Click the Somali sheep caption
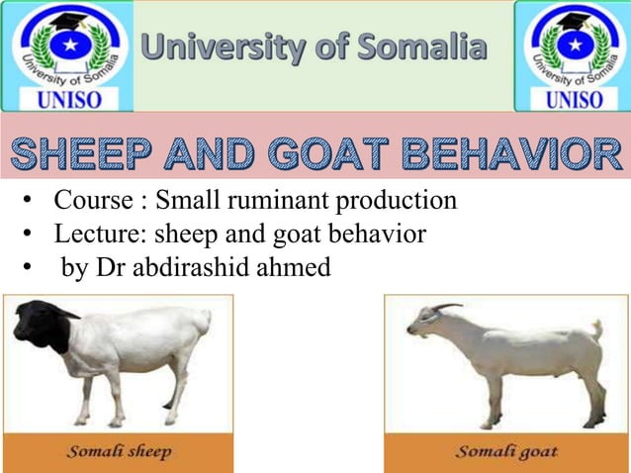click(x=120, y=452)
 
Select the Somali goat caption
click(x=505, y=452)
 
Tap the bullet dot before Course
click(x=31, y=205)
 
